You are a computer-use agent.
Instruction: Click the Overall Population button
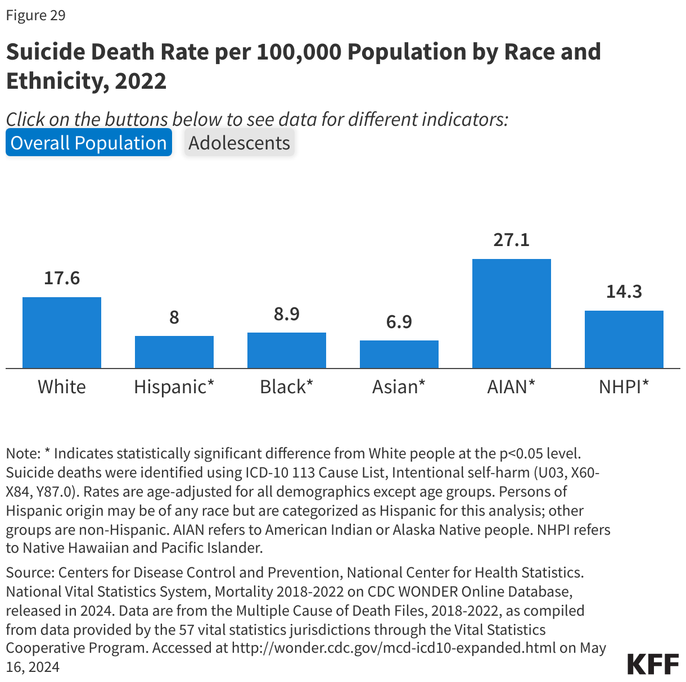[x=88, y=143]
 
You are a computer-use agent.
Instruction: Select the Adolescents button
[x=239, y=143]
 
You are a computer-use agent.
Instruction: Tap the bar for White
[x=62, y=333]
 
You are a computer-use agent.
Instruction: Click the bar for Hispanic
[x=174, y=352]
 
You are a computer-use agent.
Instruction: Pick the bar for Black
[x=287, y=350]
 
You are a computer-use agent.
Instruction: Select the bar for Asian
[x=399, y=354]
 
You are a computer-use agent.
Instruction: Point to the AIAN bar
[x=512, y=313]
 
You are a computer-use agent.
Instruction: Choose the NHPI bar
[x=624, y=339]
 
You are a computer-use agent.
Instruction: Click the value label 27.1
[x=512, y=240]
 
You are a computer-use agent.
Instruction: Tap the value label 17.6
[x=62, y=278]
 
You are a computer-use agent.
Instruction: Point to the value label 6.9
[x=399, y=322]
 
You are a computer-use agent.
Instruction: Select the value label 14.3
[x=624, y=292]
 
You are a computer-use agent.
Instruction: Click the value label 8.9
[x=287, y=314]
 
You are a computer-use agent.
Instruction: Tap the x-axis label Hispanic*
[x=174, y=387]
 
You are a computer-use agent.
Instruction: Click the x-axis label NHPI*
[x=624, y=387]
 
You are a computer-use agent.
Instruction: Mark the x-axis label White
[x=62, y=387]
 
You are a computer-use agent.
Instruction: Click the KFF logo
[x=653, y=663]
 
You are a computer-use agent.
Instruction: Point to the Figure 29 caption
[x=36, y=15]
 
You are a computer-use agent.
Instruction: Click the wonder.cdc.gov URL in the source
[x=394, y=648]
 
